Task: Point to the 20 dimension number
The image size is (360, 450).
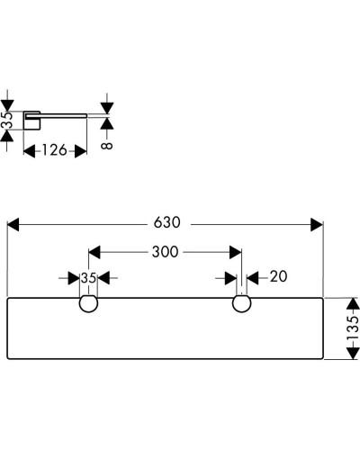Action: pos(277,278)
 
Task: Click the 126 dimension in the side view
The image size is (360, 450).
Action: pos(55,150)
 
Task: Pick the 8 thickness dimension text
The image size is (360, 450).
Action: pos(107,140)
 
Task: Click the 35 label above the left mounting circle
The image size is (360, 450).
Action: pos(88,278)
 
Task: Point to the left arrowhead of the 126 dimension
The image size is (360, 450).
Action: pos(28,150)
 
